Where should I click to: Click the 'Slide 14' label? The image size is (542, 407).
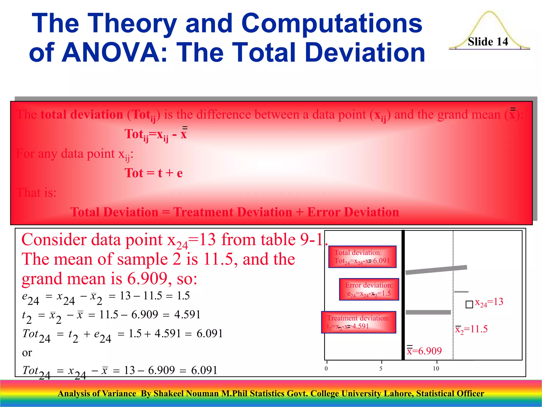(x=488, y=42)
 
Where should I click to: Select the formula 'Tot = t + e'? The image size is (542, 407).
(x=153, y=173)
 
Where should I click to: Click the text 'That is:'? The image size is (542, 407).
(x=36, y=193)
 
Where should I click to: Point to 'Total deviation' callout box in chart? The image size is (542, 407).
(x=362, y=257)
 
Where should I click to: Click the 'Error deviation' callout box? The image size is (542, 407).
(x=369, y=289)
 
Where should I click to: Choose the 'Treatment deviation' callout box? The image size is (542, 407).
(x=359, y=322)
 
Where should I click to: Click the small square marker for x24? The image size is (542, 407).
(x=469, y=304)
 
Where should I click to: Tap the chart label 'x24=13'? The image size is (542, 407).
(x=489, y=302)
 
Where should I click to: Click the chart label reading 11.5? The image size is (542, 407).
(x=472, y=329)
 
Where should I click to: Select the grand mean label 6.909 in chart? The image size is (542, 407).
(x=424, y=351)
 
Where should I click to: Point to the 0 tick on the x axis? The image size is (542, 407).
(x=326, y=369)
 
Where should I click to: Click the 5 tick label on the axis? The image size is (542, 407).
(x=381, y=369)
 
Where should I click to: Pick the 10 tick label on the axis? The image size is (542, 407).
(x=436, y=369)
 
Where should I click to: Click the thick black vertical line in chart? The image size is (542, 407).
(x=403, y=294)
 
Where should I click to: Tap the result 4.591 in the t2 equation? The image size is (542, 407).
(x=187, y=315)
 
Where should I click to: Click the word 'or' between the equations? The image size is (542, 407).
(x=27, y=353)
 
